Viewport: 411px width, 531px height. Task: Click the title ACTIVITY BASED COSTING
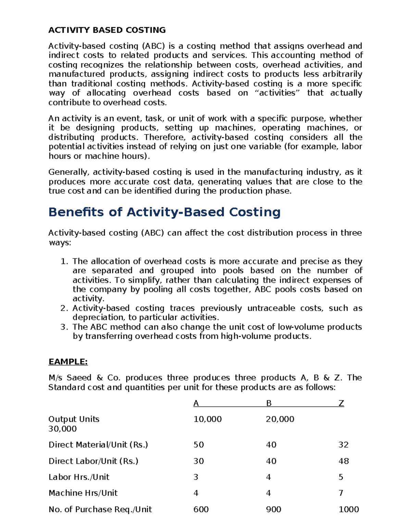107,30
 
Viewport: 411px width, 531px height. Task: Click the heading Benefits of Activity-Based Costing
164,212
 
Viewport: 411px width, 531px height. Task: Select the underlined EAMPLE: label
68,362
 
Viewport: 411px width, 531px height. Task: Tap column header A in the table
196,403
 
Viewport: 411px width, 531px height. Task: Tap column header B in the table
269,403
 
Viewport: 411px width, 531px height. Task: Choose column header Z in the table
341,403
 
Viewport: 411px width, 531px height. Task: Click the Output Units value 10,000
208,419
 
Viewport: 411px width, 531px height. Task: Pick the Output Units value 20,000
280,419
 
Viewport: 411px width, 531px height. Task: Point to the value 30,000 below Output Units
62,429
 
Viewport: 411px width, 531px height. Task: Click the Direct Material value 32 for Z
344,445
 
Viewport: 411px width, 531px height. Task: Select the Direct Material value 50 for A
199,445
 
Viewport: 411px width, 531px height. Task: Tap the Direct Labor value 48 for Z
344,461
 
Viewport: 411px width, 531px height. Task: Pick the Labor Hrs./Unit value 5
341,477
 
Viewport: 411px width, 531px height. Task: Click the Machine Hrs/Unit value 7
341,493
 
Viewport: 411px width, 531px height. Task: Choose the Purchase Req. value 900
273,509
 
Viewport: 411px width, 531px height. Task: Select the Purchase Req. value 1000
349,509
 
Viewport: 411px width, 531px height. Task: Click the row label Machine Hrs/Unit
83,493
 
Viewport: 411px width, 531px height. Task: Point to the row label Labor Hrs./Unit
79,477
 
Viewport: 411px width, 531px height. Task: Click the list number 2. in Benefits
64,308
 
